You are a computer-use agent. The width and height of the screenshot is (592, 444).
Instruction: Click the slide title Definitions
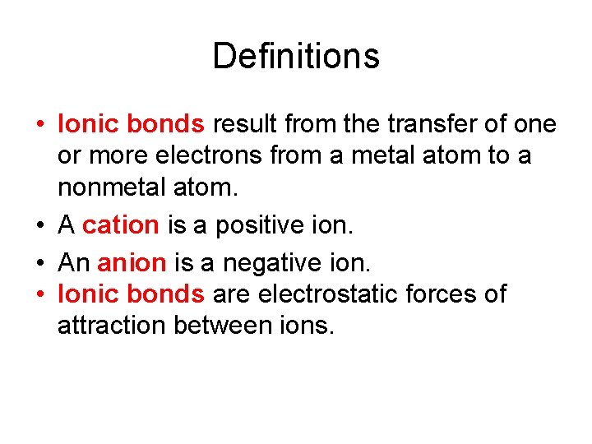pyautogui.click(x=296, y=57)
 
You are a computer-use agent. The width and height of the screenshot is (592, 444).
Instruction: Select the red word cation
pyautogui.click(x=121, y=224)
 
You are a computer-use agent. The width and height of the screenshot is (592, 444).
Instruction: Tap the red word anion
pyautogui.click(x=132, y=263)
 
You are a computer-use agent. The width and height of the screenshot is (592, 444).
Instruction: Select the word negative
pyautogui.click(x=274, y=263)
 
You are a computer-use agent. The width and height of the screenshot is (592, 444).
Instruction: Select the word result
pyautogui.click(x=246, y=125)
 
